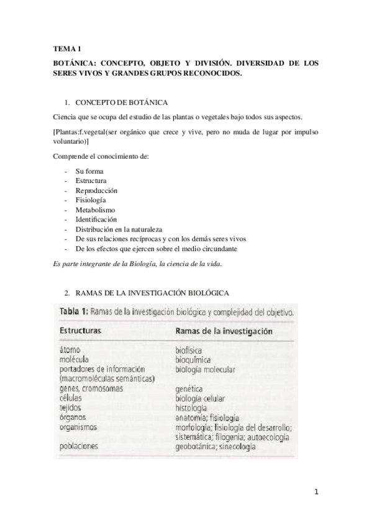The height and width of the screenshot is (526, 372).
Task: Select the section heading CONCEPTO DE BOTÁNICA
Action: click(121, 102)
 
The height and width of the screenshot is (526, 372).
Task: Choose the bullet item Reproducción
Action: click(96, 190)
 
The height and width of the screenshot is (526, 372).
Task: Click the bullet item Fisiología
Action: click(91, 200)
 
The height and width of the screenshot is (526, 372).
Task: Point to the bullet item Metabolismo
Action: click(95, 210)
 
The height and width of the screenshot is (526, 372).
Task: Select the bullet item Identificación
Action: click(96, 220)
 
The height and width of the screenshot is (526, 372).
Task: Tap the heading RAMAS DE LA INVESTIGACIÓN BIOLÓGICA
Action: click(153, 292)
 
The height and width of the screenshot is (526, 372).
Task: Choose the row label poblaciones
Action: click(80, 446)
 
